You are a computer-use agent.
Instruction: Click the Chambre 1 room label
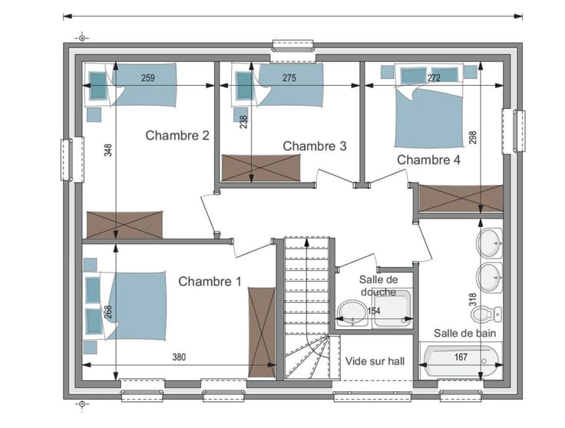pyautogui.click(x=210, y=281)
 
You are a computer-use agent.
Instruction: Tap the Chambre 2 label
pyautogui.click(x=177, y=135)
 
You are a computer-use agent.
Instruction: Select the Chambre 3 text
pyautogui.click(x=315, y=146)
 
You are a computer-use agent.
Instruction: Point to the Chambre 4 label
pyautogui.click(x=428, y=160)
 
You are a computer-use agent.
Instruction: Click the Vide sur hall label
pyautogui.click(x=375, y=361)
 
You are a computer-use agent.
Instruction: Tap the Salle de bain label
pyautogui.click(x=464, y=333)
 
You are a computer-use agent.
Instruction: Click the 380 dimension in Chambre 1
pyautogui.click(x=179, y=357)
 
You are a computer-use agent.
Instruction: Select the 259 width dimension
pyautogui.click(x=148, y=77)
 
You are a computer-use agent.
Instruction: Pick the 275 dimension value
pyautogui.click(x=289, y=77)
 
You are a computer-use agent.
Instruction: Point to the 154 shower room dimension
pyautogui.click(x=374, y=311)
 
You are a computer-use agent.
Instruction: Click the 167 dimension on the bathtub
pyautogui.click(x=461, y=357)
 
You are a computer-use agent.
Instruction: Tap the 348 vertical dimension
pyautogui.click(x=108, y=150)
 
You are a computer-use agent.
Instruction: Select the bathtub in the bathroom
pyautogui.click(x=460, y=361)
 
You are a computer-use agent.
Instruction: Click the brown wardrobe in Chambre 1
pyautogui.click(x=262, y=332)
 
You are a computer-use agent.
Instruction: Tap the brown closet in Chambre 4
pyautogui.click(x=461, y=199)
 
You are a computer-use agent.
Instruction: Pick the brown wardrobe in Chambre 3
pyautogui.click(x=261, y=168)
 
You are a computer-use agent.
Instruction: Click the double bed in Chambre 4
pyautogui.click(x=429, y=106)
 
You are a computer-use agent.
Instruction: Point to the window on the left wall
pyautogui.click(x=72, y=160)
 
